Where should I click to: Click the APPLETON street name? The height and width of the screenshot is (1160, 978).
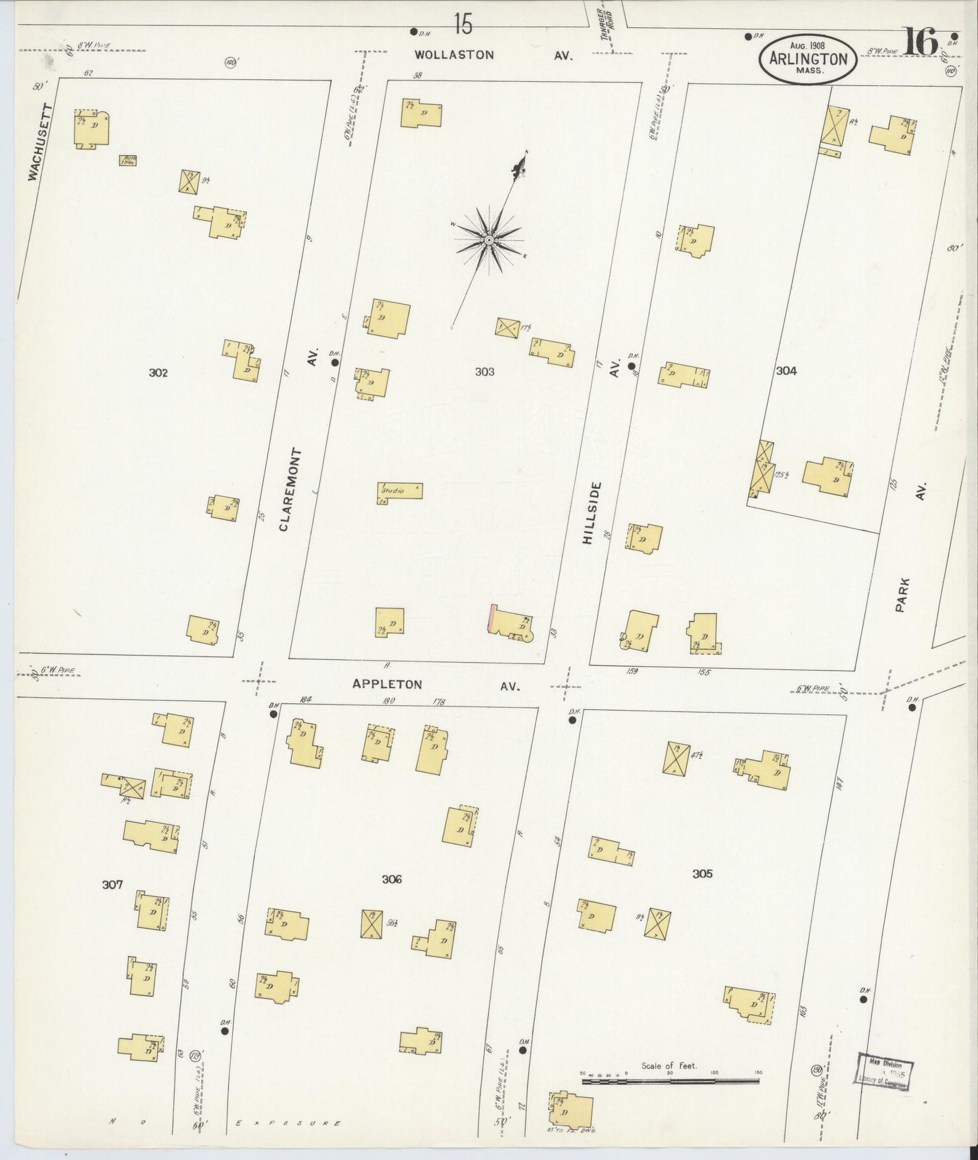click(386, 684)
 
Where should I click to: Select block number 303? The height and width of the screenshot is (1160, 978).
click(485, 372)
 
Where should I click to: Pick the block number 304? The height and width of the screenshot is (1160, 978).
click(786, 370)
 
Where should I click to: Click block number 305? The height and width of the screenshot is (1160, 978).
click(702, 874)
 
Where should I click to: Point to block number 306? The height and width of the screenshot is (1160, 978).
click(391, 879)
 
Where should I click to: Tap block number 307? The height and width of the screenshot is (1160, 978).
click(112, 884)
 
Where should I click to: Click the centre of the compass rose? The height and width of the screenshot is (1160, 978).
click(488, 240)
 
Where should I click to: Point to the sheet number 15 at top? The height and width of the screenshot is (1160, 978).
click(463, 25)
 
